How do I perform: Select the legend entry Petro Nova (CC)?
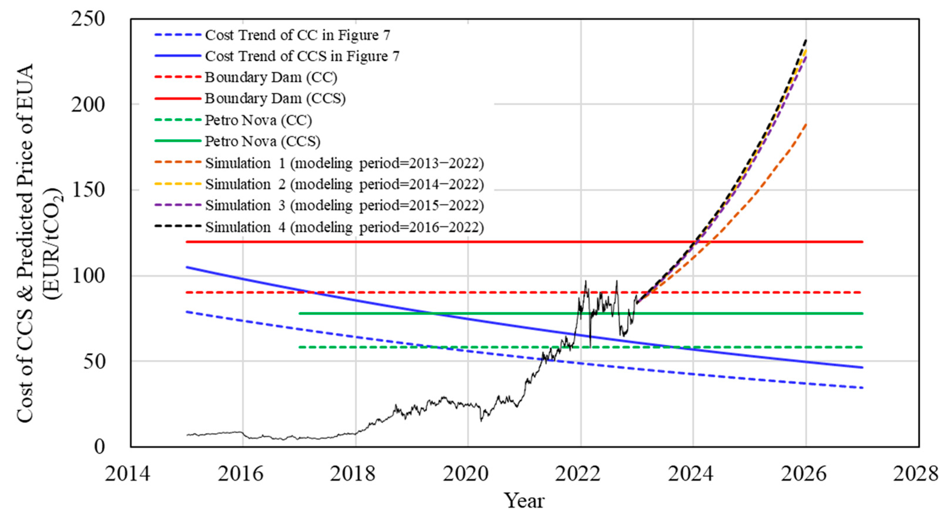click(258, 120)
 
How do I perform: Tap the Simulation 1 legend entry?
click(344, 163)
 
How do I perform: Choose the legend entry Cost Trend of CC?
click(297, 35)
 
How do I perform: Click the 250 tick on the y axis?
click(88, 19)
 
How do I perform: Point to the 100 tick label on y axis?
click(88, 276)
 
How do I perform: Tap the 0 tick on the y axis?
click(99, 446)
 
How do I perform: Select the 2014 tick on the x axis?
click(127, 474)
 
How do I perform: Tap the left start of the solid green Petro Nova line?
click(300, 313)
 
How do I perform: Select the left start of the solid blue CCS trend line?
click(187, 267)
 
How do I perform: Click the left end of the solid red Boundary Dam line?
click(187, 242)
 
